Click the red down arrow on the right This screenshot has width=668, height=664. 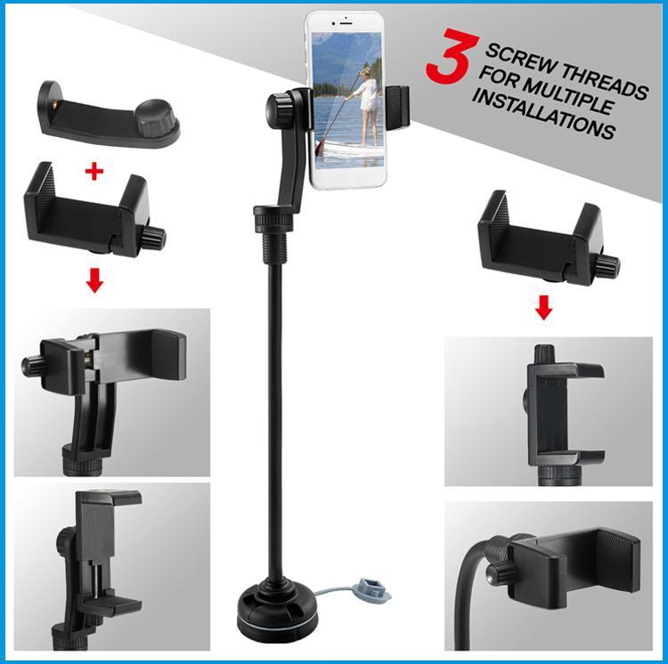click(545, 309)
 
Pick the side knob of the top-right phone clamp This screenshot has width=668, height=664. click(609, 264)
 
